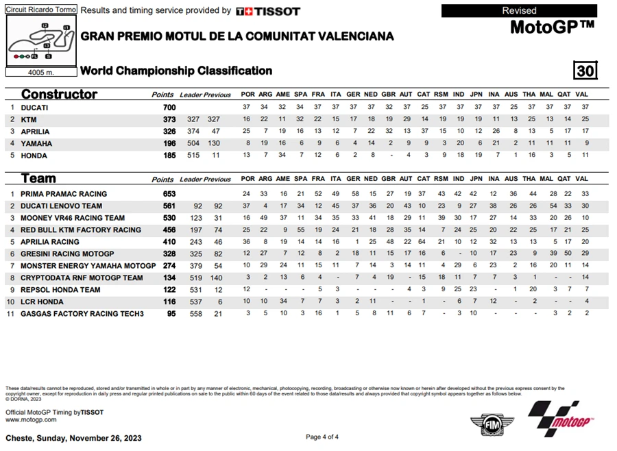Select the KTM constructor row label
click(x=29, y=120)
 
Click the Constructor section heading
click(x=59, y=95)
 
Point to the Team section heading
click(x=38, y=179)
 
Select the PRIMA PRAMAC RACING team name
click(x=64, y=194)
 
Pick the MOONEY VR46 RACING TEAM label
click(x=73, y=218)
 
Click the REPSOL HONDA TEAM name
click(x=60, y=289)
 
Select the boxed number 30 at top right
click(x=585, y=71)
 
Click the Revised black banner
click(x=519, y=10)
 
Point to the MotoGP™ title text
click(x=552, y=27)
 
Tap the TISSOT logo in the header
click(x=268, y=11)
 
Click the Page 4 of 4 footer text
click(x=322, y=437)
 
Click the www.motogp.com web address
click(x=30, y=419)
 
